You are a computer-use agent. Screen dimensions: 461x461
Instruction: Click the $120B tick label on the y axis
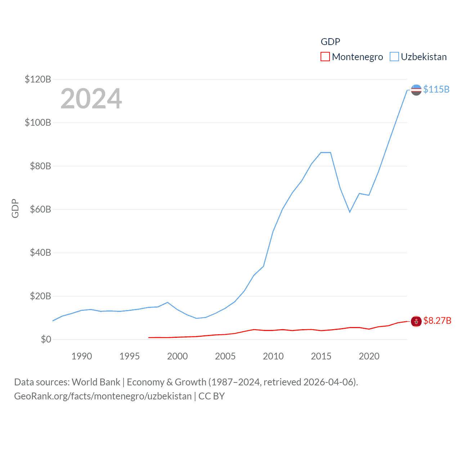[38, 79]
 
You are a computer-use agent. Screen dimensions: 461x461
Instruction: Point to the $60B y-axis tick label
[40, 209]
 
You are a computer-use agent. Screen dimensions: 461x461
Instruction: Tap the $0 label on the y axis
[46, 339]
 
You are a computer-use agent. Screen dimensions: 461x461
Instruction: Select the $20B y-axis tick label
[40, 296]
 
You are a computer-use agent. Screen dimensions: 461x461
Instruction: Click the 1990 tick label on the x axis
[82, 356]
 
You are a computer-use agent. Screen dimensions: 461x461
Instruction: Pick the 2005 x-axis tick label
[225, 356]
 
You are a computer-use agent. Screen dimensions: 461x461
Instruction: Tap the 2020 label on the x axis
[369, 356]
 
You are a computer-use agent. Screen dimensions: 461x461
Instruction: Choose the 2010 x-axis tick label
[273, 356]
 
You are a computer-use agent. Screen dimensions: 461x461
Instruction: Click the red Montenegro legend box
[325, 57]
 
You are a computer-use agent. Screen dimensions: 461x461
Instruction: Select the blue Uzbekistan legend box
[394, 57]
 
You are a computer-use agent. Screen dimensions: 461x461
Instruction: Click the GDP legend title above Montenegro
[330, 42]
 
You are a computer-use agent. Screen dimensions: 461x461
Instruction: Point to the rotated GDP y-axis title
[15, 208]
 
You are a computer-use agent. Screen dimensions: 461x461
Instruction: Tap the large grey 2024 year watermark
[91, 99]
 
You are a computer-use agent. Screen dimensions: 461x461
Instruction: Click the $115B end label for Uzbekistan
[436, 89]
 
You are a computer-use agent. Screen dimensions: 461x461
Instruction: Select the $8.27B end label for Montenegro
[437, 321]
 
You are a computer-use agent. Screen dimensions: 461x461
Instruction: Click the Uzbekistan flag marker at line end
[416, 90]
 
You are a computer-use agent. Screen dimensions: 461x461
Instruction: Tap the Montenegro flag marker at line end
[416, 321]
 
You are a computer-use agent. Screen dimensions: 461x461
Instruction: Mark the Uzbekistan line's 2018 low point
[350, 212]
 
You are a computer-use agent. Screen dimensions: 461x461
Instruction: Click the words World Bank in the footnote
[96, 382]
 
